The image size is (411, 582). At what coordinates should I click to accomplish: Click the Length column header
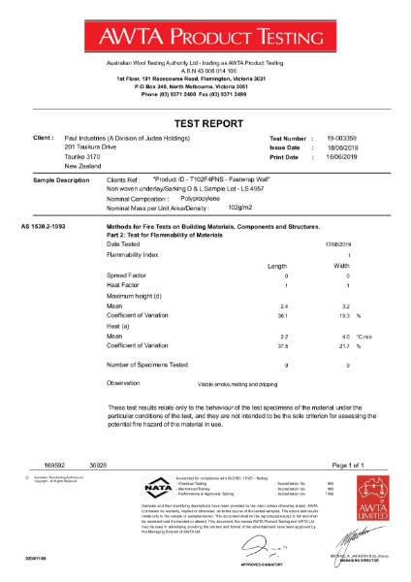277,266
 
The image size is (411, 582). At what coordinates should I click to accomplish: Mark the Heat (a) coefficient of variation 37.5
282,344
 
